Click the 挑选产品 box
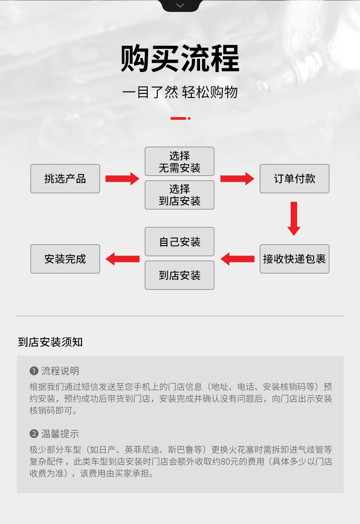(x=65, y=179)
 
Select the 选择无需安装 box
(x=180, y=162)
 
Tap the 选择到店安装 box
(x=180, y=195)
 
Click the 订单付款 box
(x=294, y=179)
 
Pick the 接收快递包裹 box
(x=294, y=259)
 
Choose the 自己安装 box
(x=180, y=241)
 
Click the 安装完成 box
(x=65, y=259)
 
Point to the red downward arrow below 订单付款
(x=294, y=219)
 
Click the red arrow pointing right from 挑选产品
(x=122, y=179)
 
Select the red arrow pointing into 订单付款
(x=237, y=179)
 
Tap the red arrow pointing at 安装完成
(x=122, y=259)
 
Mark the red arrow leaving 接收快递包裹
(x=237, y=259)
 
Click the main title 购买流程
(x=180, y=59)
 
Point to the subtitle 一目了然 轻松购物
(x=180, y=92)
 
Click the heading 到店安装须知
(x=51, y=342)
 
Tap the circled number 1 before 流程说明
(x=33, y=371)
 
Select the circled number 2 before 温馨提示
(x=33, y=434)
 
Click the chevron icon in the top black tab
(x=180, y=5)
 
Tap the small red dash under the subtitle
(x=180, y=118)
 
